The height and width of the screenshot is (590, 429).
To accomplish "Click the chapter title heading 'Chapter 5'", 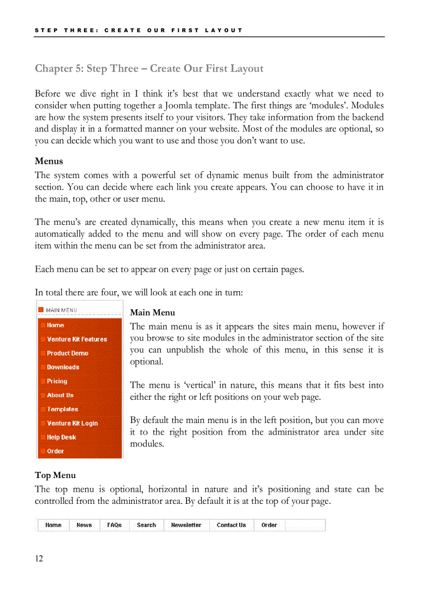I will point(149,69).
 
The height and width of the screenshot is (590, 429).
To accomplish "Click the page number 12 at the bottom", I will point(39,558).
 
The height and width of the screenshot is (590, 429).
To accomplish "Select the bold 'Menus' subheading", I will point(49,161).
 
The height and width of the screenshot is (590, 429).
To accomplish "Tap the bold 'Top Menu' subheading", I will point(55,475).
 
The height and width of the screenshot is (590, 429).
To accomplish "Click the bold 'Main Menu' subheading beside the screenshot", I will point(152,313).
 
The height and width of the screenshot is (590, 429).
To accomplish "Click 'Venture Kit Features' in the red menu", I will point(77,339).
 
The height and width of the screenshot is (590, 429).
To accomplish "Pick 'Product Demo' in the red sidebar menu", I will point(67,354).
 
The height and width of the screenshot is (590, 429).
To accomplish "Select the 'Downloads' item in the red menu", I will point(63,367).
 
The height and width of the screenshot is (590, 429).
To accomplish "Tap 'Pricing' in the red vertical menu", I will point(57,381).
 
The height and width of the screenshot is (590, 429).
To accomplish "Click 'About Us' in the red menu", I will point(60,395).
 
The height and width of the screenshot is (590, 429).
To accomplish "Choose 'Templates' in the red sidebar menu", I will point(62,409).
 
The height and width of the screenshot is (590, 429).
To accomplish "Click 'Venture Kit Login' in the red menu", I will point(72,423).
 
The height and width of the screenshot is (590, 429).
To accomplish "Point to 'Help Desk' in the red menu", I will point(61,437).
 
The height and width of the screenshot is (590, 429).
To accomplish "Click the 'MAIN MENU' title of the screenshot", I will point(61,310).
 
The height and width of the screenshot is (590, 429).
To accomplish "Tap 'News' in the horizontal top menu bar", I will point(84,525).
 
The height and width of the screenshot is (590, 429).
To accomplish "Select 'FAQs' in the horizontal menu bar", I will point(114,525).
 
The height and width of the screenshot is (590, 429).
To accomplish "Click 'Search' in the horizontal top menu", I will point(146,525).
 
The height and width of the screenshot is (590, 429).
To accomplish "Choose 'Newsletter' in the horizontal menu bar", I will point(186,525).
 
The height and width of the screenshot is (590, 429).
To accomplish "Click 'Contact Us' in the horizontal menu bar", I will point(231,525).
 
